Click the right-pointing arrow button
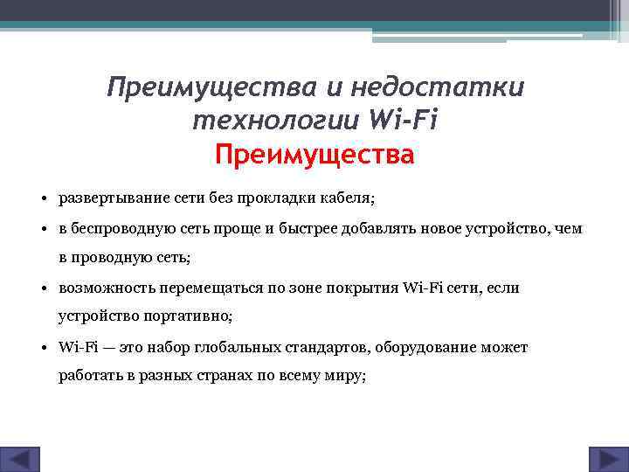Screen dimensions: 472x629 [x=604, y=460]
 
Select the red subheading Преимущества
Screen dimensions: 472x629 [x=314, y=156]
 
